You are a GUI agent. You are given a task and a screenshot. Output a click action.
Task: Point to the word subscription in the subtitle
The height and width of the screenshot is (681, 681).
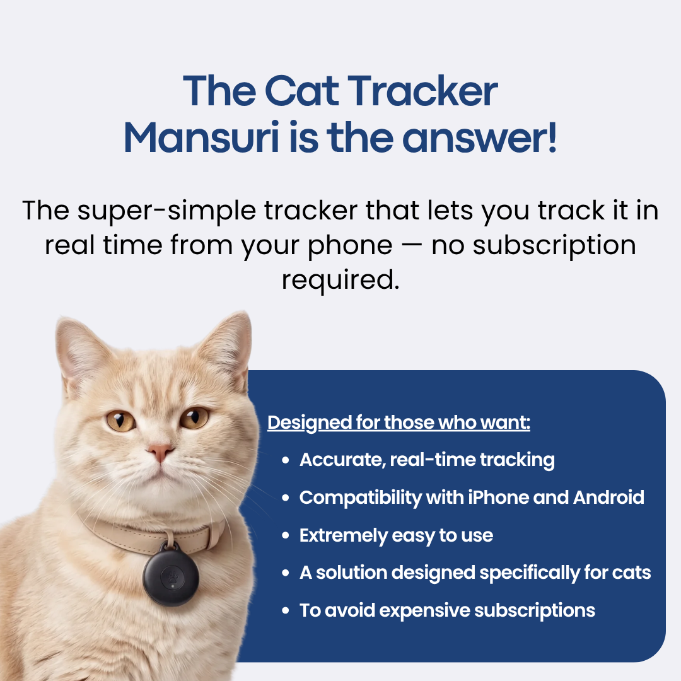pyautogui.click(x=554, y=245)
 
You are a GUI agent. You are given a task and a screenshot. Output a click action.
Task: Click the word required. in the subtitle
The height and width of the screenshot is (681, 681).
pyautogui.click(x=340, y=279)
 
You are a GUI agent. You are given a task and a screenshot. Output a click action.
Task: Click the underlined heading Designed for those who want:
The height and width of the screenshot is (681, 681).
pyautogui.click(x=399, y=422)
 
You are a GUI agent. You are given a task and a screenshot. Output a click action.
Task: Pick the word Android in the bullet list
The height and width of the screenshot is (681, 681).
pyautogui.click(x=608, y=498)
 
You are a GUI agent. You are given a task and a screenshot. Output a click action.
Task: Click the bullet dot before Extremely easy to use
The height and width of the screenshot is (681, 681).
pyautogui.click(x=286, y=536)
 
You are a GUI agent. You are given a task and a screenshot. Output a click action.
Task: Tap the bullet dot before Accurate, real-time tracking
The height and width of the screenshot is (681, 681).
pyautogui.click(x=286, y=460)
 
